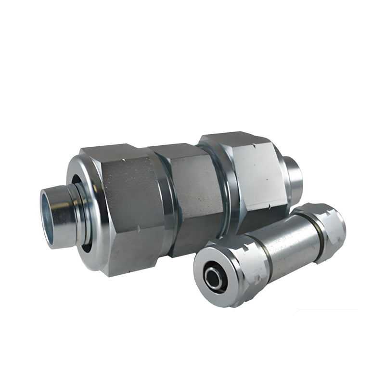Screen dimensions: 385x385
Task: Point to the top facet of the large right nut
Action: pyautogui.click(x=231, y=138)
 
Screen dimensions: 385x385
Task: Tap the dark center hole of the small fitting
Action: pyautogui.click(x=212, y=276)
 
